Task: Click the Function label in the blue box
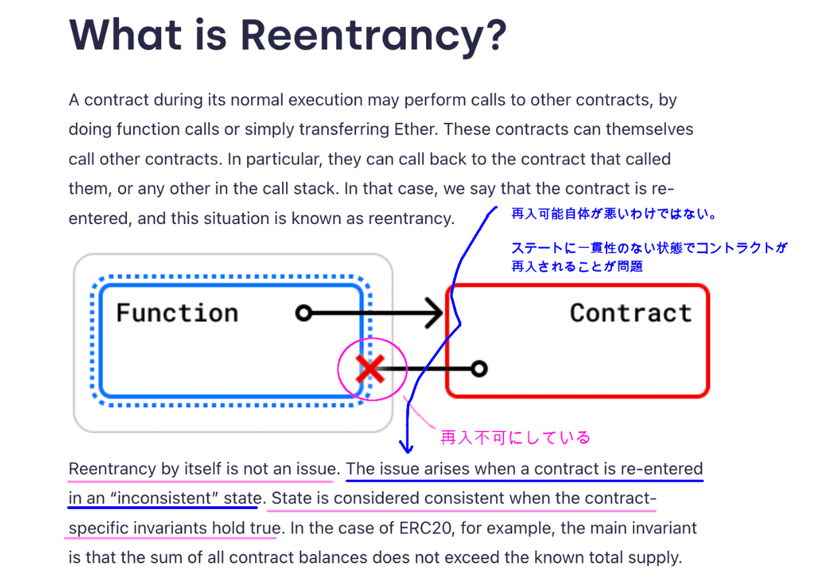pos(177,313)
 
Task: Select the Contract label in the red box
pos(631,313)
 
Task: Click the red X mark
pos(370,369)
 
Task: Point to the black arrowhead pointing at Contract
pos(434,313)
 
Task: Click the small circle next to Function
pos(304,313)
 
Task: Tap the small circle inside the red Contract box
pos(479,369)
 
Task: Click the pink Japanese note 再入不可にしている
pos(516,438)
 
